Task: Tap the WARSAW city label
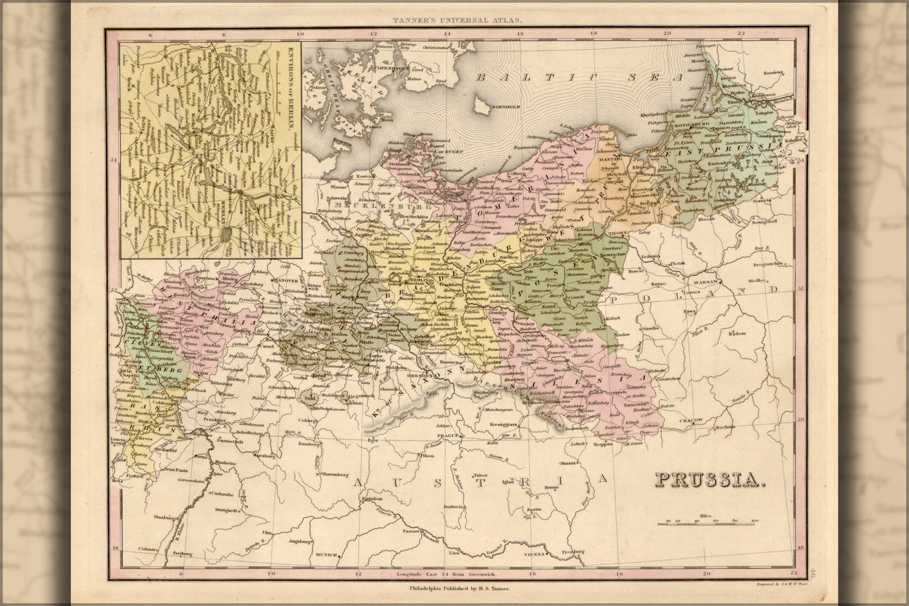pyautogui.click(x=706, y=283)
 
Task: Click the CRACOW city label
pyautogui.click(x=691, y=419)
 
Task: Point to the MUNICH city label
pyautogui.click(x=325, y=554)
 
